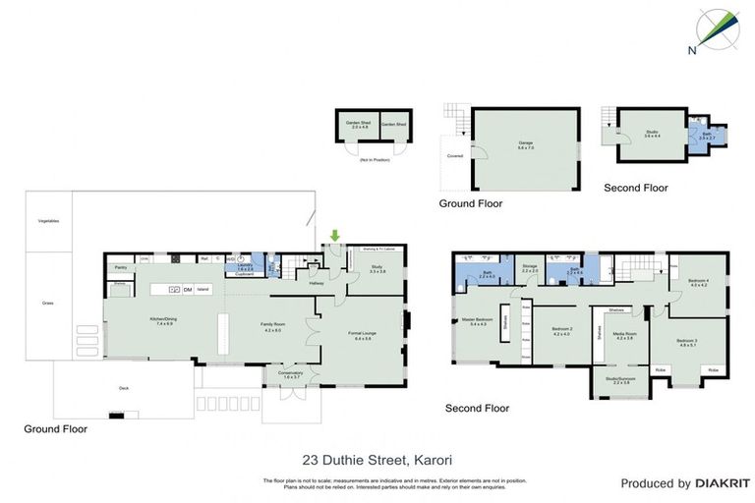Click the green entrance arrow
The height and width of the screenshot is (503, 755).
pos(336,235)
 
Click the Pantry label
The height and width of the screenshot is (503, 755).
pos(122,266)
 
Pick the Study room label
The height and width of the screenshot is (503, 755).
pos(377,268)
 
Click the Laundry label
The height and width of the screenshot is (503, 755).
pos(244,266)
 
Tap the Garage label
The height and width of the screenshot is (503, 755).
pos(526,144)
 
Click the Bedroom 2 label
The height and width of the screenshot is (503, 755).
pos(561,331)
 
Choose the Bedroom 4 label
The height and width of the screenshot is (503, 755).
pos(698,282)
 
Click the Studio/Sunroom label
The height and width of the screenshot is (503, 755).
pos(620,379)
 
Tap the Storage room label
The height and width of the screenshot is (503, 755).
pos(529,266)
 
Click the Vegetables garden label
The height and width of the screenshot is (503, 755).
pos(49,221)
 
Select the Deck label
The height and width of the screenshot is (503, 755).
pos(124,388)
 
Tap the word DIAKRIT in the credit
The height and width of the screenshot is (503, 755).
pos(723,483)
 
